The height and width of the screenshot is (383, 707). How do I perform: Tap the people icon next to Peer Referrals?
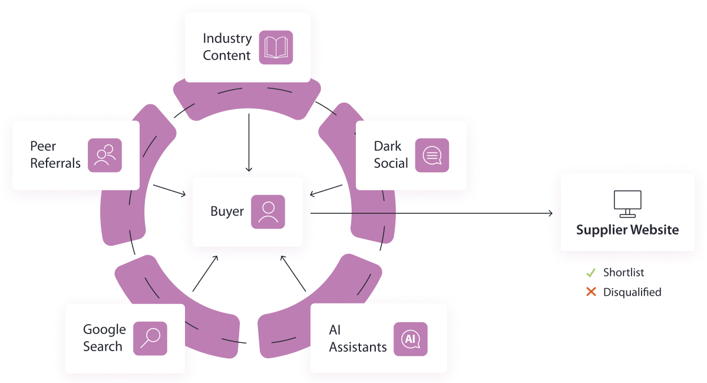pos(105,155)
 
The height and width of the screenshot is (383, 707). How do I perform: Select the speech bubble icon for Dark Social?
pos(432,155)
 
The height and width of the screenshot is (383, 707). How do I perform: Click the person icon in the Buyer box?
pos(268,212)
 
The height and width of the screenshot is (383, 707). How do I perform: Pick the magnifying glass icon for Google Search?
pos(150,338)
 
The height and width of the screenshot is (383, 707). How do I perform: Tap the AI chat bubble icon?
pos(410,339)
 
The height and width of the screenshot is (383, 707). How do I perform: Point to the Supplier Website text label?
pos(627,230)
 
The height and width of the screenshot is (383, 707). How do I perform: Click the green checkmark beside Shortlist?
pos(591,273)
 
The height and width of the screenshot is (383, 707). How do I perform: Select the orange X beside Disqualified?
pos(591,292)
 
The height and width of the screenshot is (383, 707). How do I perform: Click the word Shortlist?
pos(623,273)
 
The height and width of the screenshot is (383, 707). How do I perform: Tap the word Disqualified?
pos(632,292)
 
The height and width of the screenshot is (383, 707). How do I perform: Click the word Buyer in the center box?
pos(227,212)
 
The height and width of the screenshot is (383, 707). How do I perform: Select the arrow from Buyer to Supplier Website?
pos(430,213)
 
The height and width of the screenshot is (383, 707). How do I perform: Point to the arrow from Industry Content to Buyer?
pos(249,141)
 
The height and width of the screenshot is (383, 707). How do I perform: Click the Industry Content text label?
pos(227,47)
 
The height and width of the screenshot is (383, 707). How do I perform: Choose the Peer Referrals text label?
pos(55,155)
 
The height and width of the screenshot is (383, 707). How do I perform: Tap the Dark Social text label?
pos(391,155)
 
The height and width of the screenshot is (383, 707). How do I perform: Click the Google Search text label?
pos(104,338)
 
